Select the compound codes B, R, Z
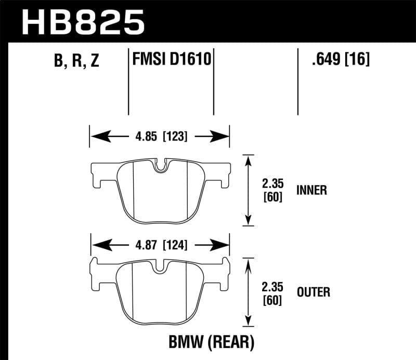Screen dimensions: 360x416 [x=76, y=61]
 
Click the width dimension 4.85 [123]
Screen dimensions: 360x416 [x=159, y=137]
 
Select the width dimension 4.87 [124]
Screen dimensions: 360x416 [x=159, y=245]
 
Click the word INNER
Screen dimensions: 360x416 [x=311, y=190]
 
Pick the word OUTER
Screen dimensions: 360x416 [x=313, y=292]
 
